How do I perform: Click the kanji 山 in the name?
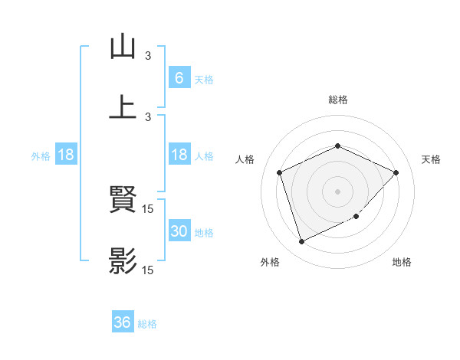pos(123,47)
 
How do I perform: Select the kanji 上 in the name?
pos(123,106)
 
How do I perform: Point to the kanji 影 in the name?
pos(123,261)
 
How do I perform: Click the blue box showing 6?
pos(179,78)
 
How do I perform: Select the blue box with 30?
pos(179,232)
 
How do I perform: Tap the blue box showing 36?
pos(122,322)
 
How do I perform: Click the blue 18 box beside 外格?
pos(66,155)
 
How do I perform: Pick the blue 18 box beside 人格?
pos(179,155)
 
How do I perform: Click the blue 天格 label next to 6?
pos(204,79)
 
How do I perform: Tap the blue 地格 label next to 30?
pos(204,233)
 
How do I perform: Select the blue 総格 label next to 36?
pos(147,323)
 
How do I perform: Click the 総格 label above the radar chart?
pos(337,100)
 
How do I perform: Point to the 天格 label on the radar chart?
pos(431,159)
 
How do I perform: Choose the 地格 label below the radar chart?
pos(402,263)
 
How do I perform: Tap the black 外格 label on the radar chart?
pos(270,263)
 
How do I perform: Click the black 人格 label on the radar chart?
pos(245,159)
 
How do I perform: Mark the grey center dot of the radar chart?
pos(337,191)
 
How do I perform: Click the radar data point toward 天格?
pos(396,172)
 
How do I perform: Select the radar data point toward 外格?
pos(301,242)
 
